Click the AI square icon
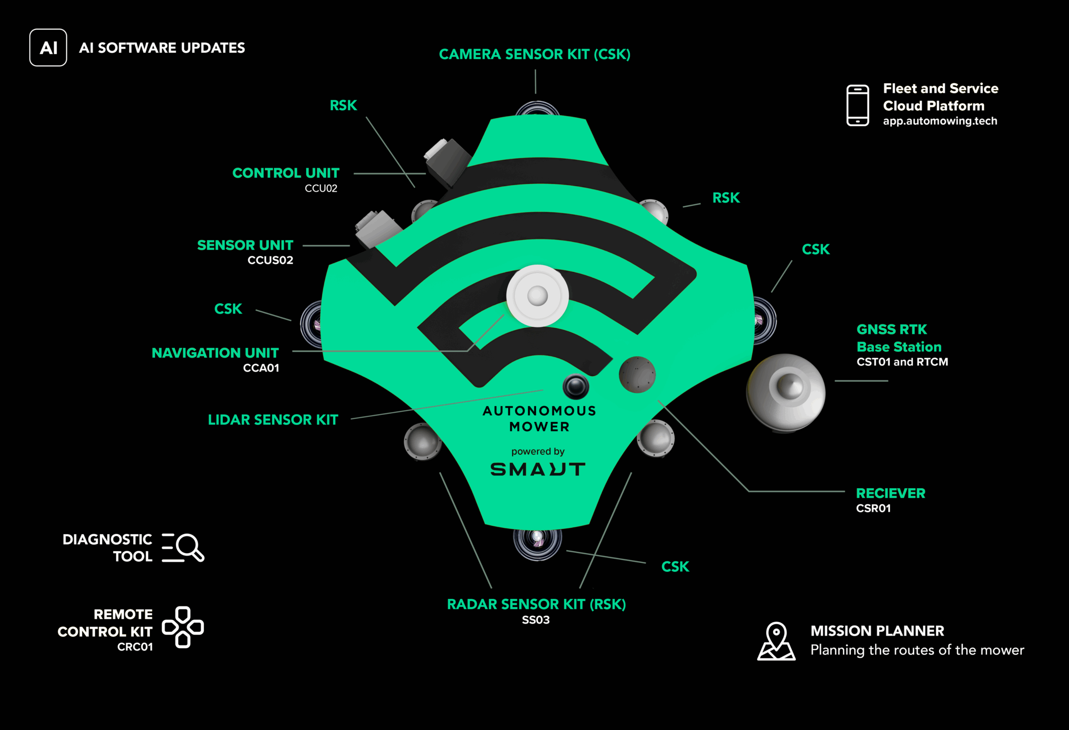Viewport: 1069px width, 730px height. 48,48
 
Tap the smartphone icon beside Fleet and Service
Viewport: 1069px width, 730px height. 858,105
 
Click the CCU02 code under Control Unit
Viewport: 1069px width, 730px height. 321,188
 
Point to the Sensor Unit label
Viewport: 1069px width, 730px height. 245,245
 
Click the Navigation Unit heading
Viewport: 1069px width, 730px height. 215,353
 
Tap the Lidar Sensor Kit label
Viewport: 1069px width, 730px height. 273,420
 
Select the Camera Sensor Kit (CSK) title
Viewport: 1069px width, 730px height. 534,54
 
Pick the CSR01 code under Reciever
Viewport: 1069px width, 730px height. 874,508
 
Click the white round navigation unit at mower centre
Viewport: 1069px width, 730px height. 537,296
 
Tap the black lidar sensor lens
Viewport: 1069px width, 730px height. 576,386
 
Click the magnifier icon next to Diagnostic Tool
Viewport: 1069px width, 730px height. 183,547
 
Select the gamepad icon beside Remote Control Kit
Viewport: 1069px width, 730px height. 182,627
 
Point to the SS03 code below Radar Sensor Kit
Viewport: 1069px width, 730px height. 536,620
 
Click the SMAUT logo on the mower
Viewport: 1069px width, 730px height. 538,469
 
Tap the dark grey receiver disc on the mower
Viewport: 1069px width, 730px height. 637,375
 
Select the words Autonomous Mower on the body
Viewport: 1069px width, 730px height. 540,418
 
